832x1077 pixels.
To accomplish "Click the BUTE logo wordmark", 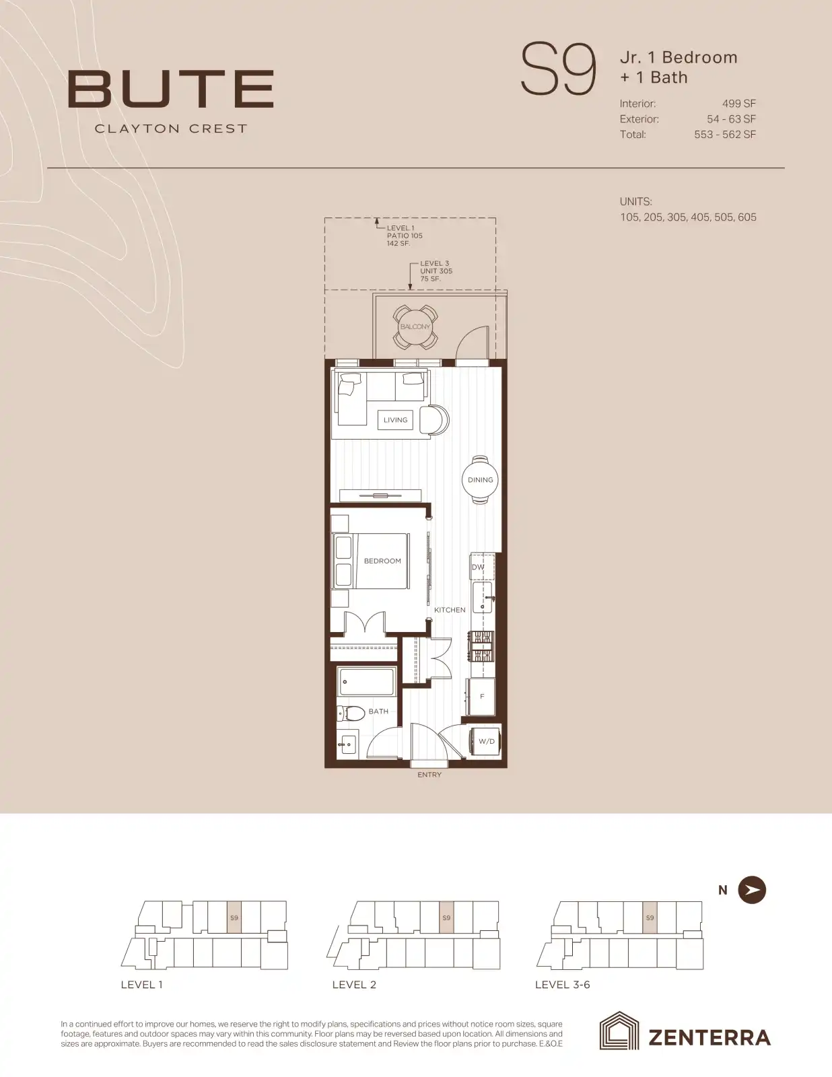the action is (170, 89).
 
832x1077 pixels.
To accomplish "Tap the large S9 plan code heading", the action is (558, 69).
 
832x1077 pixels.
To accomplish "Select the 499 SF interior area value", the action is (739, 104).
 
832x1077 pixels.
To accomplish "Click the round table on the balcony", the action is (415, 326).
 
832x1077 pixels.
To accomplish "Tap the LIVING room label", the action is (395, 420).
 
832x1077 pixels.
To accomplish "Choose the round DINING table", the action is (480, 480).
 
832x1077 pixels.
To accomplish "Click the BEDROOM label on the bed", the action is (382, 561).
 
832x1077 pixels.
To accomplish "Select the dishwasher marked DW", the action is (482, 567).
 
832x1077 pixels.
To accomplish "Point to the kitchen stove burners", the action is (481, 647).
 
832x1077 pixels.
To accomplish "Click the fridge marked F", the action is (480, 697).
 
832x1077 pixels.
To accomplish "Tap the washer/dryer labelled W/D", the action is (485, 742).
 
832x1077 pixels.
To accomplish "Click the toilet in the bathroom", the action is (351, 714).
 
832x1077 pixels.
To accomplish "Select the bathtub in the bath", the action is (366, 681).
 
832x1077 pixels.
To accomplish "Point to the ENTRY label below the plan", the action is (429, 775).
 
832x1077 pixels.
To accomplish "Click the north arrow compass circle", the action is (752, 890).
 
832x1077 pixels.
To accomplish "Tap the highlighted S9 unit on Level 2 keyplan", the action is (446, 917).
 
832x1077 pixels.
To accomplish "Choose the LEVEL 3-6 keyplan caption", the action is (563, 985).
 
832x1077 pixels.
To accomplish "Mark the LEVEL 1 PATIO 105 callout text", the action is (405, 236).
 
